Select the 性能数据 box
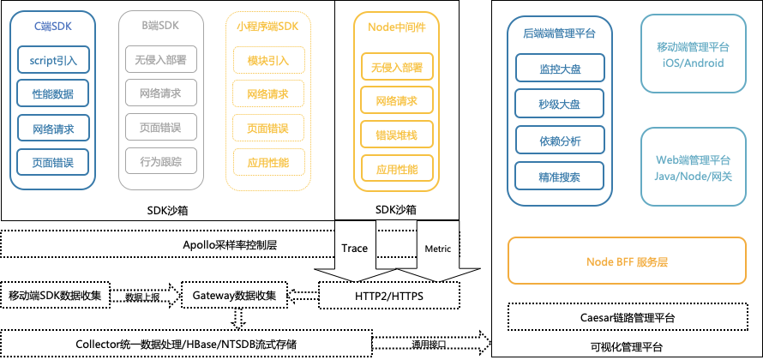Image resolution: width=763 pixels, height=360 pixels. (52, 93)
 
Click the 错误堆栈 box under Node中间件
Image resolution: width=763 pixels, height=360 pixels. (391, 135)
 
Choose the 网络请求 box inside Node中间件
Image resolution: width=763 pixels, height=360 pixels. (391, 101)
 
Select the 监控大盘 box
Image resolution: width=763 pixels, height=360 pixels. (560, 69)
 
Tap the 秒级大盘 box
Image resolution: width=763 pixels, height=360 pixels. (560, 105)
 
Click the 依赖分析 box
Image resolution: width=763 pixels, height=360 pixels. (560, 141)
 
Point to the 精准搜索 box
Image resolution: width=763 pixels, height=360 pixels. (560, 177)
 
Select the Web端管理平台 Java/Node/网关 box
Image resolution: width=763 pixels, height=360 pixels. (693, 167)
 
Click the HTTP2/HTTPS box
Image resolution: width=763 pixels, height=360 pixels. (395, 296)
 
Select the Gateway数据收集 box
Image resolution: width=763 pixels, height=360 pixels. (233, 296)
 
